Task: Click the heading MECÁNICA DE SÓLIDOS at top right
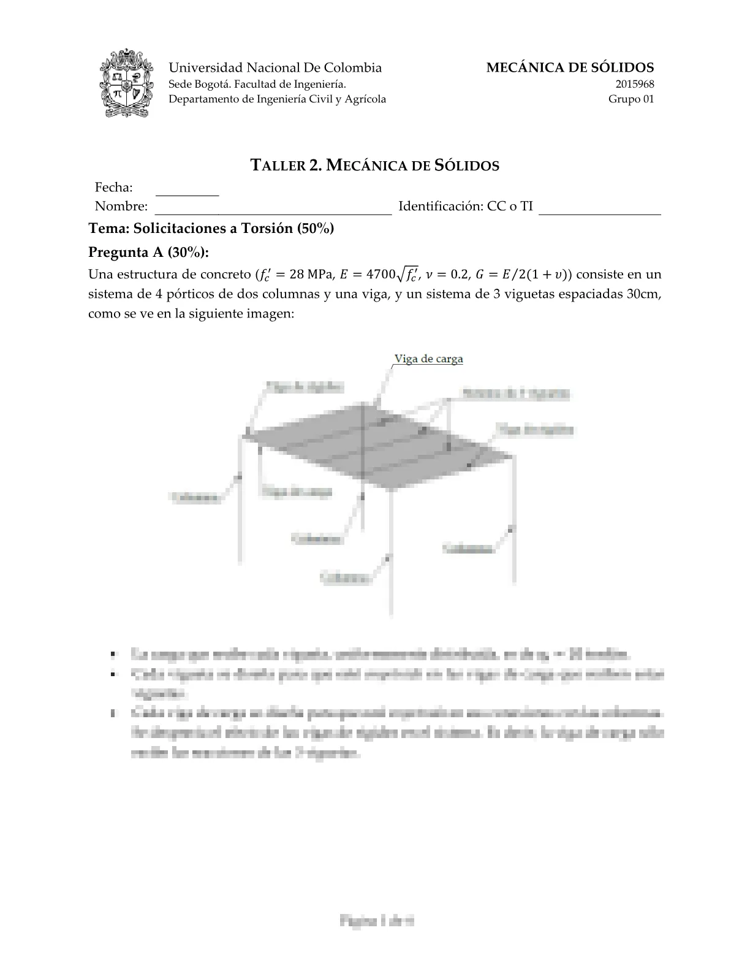(x=570, y=68)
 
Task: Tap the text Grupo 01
(x=631, y=99)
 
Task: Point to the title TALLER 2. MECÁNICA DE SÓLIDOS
(x=375, y=165)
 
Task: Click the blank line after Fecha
(x=187, y=189)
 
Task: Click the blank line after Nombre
(x=273, y=207)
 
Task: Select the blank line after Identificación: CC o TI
(x=600, y=207)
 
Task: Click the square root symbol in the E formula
(x=402, y=273)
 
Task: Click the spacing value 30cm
(x=643, y=294)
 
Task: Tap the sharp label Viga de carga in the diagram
(x=428, y=359)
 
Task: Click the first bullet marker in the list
(x=113, y=655)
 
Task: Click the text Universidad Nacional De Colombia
(x=275, y=68)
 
